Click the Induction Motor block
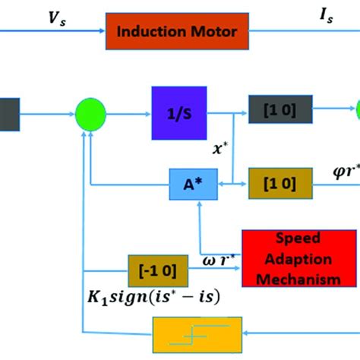tap(176, 32)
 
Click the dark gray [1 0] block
tap(275, 113)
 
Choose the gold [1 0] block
tap(275, 184)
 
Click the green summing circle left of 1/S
tap(91, 115)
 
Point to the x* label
tap(219, 150)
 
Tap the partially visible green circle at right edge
tap(355, 112)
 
